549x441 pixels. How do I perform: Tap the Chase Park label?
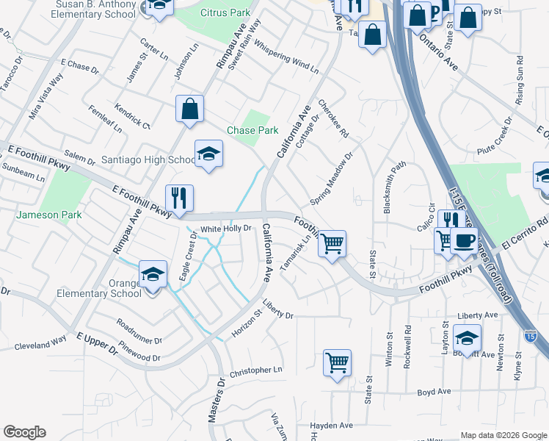point(252,130)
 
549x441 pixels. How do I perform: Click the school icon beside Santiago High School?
point(208,154)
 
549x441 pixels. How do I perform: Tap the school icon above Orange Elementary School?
point(153,275)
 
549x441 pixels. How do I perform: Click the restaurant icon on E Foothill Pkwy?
point(179,198)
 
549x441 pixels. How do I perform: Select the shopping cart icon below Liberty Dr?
point(337,362)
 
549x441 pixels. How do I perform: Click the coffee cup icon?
point(464,241)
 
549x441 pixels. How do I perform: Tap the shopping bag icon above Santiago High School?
point(189,109)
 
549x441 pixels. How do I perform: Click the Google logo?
point(24,432)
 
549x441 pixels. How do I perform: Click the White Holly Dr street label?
point(227,229)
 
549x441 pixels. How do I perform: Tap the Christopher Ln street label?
point(255,371)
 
